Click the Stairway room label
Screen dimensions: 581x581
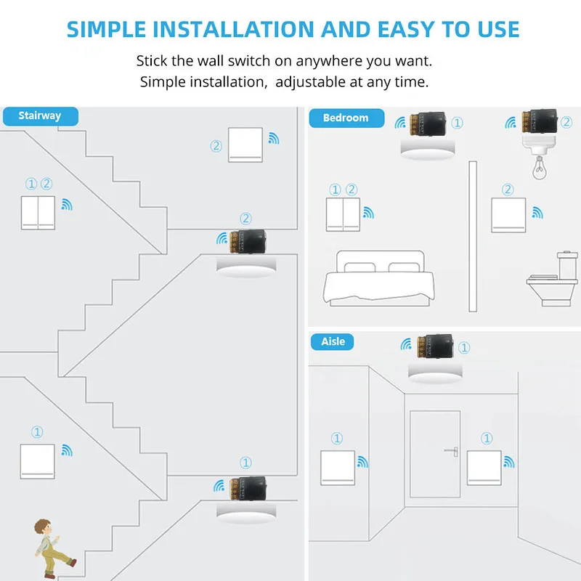39,115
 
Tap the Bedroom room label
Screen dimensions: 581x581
345,118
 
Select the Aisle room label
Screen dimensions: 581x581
333,341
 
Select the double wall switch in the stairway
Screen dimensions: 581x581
38,211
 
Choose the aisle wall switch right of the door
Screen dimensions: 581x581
484,469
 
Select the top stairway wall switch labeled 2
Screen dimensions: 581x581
245,145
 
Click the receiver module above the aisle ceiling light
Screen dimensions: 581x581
435,347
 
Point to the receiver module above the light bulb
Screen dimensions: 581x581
539,123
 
